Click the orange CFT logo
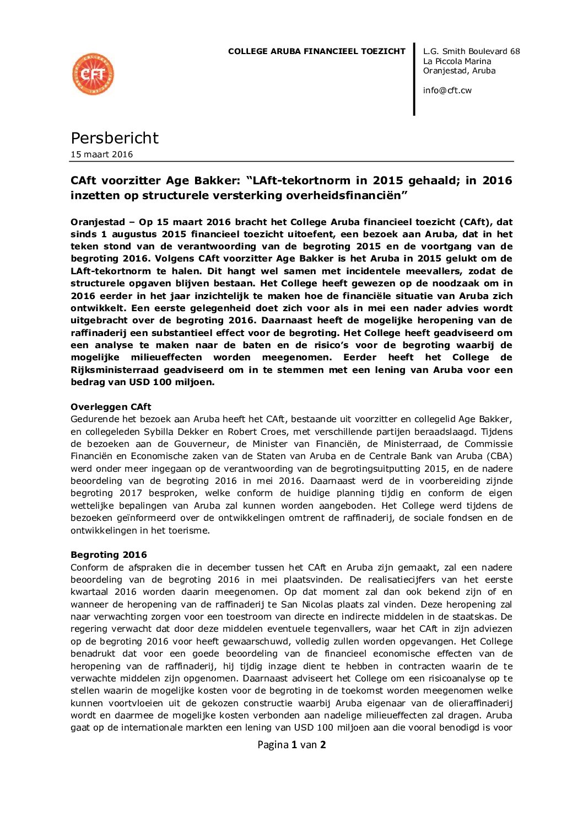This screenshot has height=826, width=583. click(x=93, y=74)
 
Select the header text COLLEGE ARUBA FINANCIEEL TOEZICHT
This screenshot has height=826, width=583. click(x=316, y=51)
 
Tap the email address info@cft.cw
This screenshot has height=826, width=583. click(x=447, y=90)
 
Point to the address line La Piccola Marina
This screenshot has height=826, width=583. click(x=457, y=61)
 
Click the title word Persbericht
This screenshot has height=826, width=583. click(x=115, y=138)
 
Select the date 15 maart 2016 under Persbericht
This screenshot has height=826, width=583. click(x=102, y=154)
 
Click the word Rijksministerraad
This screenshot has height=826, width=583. click(x=115, y=370)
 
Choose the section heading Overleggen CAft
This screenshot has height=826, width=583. click(x=111, y=407)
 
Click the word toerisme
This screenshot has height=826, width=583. click(x=190, y=530)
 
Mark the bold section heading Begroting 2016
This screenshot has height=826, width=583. click(x=109, y=555)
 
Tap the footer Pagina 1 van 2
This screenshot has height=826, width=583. click(x=291, y=744)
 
